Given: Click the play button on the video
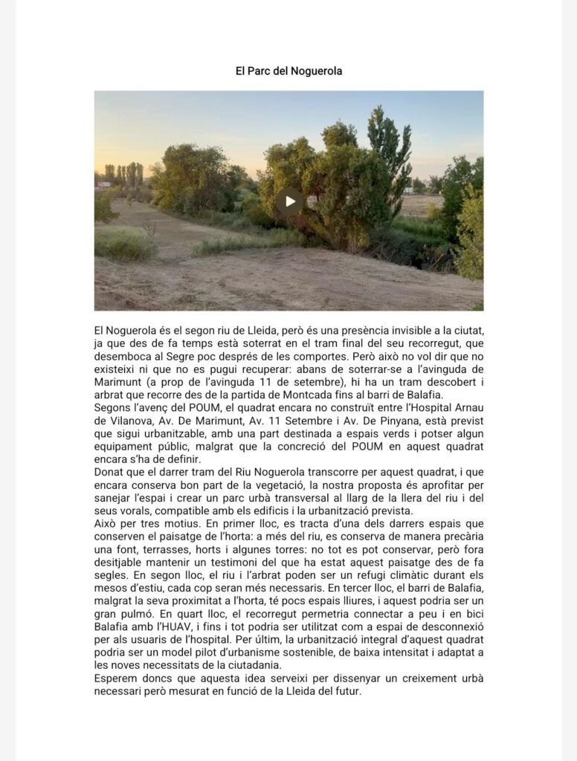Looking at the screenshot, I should point(289,201).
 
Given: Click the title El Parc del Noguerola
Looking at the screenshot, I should point(288,71).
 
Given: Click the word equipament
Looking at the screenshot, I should point(126,446).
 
